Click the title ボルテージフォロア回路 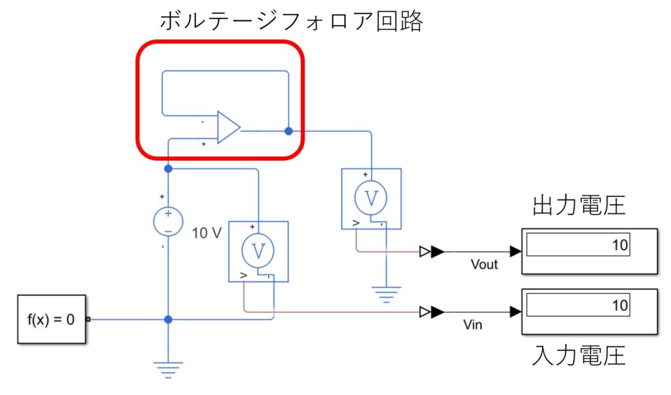click(x=292, y=22)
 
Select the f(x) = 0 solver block click(x=51, y=320)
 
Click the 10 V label click(x=207, y=232)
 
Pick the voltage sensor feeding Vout click(x=372, y=199)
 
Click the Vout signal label click(x=484, y=264)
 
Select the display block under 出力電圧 click(x=589, y=251)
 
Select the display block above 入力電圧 click(x=589, y=311)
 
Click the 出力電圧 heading click(x=579, y=205)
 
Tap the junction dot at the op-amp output click(x=288, y=131)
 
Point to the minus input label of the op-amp click(x=203, y=122)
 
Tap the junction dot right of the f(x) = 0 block click(x=168, y=320)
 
